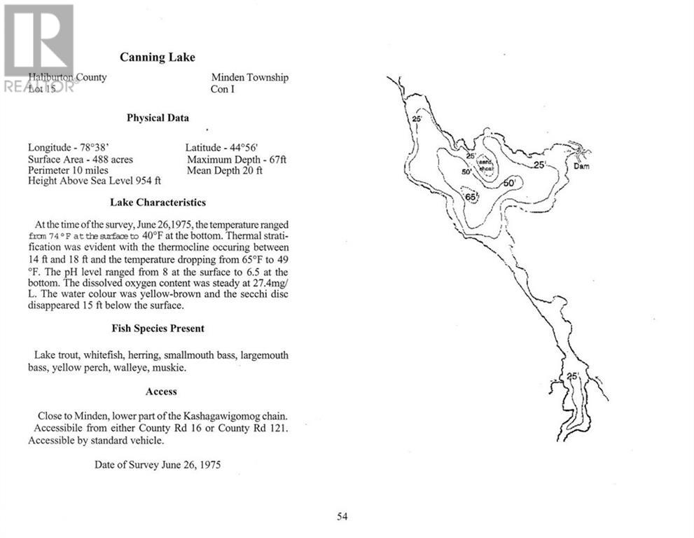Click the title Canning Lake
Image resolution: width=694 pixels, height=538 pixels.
[x=158, y=57]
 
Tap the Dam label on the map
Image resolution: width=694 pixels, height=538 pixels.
[x=581, y=167]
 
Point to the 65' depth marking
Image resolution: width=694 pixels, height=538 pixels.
[x=471, y=198]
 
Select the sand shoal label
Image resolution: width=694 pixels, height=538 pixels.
[x=486, y=166]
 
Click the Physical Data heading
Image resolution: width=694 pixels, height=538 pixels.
[x=158, y=118]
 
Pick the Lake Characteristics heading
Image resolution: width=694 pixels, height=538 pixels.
[x=158, y=202]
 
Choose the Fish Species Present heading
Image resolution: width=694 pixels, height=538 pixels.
[x=158, y=329]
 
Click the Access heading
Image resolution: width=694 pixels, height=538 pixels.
[x=161, y=392]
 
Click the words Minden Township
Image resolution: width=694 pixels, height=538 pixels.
[x=249, y=78]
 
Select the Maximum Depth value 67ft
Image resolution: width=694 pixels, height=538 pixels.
[x=275, y=160]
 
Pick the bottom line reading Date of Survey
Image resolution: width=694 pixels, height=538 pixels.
[x=158, y=464]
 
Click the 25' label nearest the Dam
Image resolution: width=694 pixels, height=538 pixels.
[x=539, y=165]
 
